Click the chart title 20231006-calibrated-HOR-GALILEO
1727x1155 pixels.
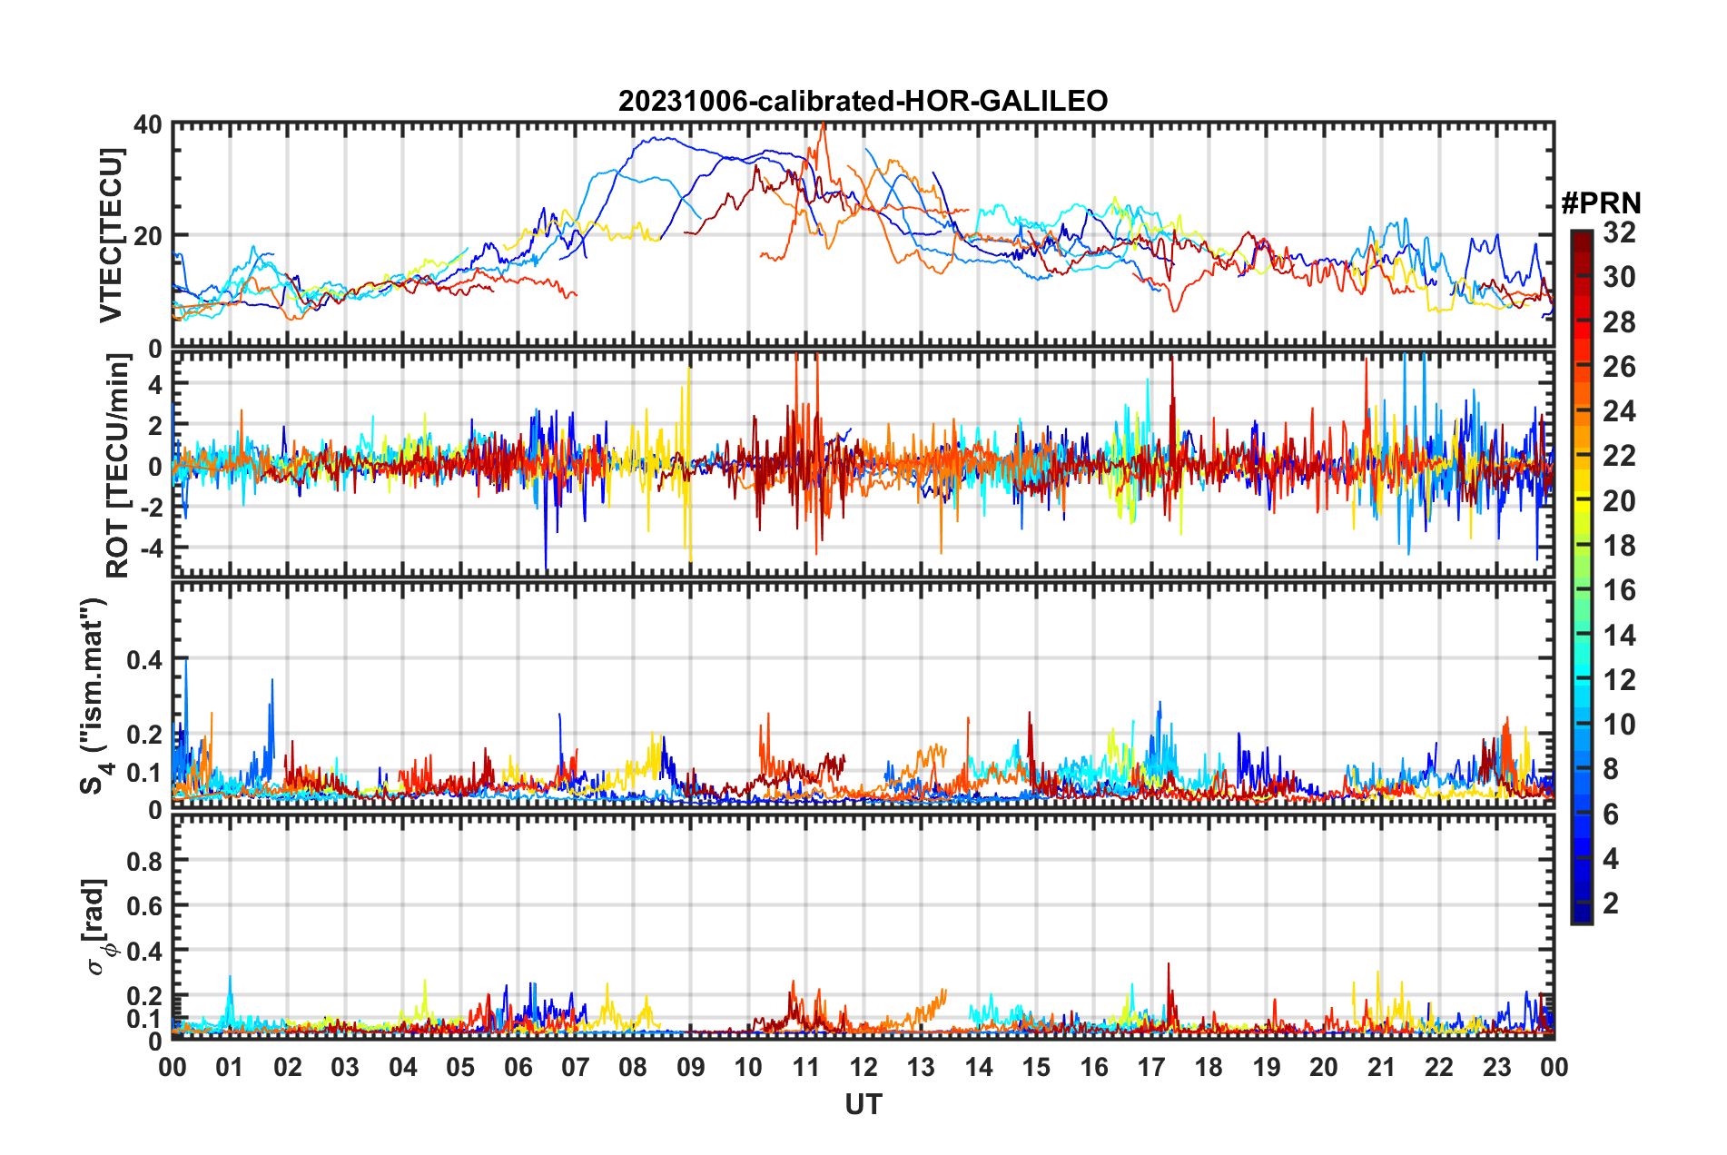click(x=863, y=101)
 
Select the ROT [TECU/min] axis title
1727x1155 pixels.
click(x=118, y=466)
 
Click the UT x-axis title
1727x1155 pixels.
click(x=863, y=1104)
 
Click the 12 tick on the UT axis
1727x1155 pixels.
click(x=863, y=1067)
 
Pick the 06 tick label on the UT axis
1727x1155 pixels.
click(x=518, y=1067)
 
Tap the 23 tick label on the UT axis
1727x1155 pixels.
click(x=1496, y=1067)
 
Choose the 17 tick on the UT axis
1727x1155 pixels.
click(x=1150, y=1067)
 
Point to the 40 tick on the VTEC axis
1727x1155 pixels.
click(x=148, y=124)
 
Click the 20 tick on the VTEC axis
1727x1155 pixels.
click(x=148, y=236)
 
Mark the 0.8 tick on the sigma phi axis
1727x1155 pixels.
click(x=145, y=860)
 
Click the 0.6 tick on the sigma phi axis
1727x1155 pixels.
click(x=145, y=905)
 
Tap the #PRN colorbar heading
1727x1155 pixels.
click(x=1601, y=202)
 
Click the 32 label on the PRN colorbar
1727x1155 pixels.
click(x=1618, y=232)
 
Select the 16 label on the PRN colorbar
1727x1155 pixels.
click(x=1618, y=590)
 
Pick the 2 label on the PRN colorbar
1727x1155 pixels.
click(x=1611, y=903)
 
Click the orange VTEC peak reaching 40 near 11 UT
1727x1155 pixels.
click(x=823, y=126)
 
